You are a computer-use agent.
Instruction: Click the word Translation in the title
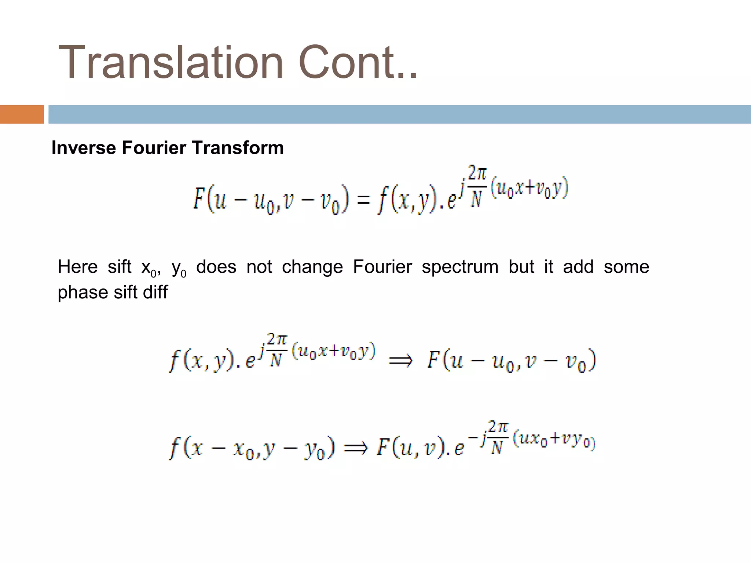click(171, 62)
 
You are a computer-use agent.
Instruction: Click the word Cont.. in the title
click(358, 62)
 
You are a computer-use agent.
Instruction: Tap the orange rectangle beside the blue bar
click(22, 114)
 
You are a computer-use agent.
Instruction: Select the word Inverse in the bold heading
click(84, 148)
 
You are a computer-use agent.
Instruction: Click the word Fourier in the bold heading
click(154, 148)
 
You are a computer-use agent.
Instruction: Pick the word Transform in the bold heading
click(238, 148)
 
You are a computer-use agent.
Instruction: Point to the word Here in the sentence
click(78, 266)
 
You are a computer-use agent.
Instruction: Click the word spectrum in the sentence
click(460, 266)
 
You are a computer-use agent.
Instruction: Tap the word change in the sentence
click(312, 266)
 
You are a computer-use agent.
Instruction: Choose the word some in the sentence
click(626, 266)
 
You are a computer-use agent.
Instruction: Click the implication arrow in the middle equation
click(400, 361)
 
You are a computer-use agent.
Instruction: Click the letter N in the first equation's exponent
click(476, 200)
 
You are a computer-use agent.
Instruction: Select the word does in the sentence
click(216, 266)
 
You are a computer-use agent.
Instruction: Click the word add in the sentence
click(578, 266)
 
